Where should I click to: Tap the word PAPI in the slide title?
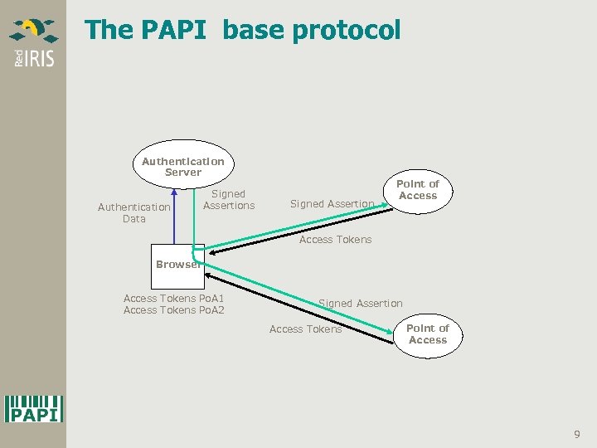[169, 31]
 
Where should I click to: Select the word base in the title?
[250, 31]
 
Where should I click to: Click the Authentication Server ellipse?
[182, 166]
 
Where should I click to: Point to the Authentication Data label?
[133, 213]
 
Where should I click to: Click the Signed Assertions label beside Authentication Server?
[229, 200]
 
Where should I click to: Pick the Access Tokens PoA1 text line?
[173, 299]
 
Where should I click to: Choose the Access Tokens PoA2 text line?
[173, 310]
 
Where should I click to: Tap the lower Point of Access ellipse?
[428, 334]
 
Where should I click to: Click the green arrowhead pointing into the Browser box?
[209, 250]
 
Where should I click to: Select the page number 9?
[577, 434]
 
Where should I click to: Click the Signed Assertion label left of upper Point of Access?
[332, 204]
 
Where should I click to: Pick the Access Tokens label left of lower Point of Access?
[305, 329]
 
